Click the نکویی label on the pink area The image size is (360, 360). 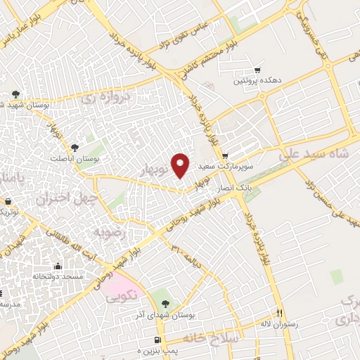coord(120,297)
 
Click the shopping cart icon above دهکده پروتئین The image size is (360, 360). coord(257,70)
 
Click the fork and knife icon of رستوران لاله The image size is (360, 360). coord(279,313)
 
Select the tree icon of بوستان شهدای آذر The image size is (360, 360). coord(165,304)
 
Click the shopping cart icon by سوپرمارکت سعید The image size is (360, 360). coord(225,156)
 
